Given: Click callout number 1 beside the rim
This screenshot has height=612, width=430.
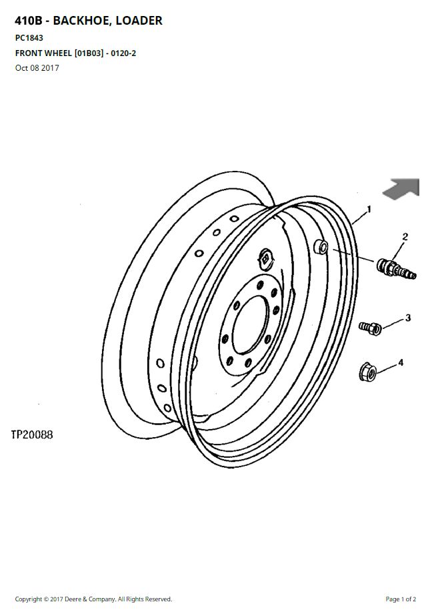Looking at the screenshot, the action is (x=369, y=209).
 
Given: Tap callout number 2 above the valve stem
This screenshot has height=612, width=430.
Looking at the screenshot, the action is (x=405, y=236).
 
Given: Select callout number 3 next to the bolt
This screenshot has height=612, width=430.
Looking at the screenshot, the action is (x=408, y=318).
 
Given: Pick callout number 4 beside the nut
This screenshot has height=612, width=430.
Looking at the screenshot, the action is (x=401, y=362).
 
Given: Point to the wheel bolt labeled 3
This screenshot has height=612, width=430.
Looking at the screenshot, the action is (x=370, y=328).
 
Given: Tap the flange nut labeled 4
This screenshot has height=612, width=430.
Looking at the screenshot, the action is (x=367, y=372).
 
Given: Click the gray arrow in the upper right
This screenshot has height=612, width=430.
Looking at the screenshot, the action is (x=401, y=188).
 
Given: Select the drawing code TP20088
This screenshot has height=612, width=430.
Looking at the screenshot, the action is (x=32, y=434).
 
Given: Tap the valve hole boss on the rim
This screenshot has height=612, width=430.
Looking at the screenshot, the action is (x=321, y=246).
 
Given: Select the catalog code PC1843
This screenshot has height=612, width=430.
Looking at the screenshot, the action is (x=29, y=38).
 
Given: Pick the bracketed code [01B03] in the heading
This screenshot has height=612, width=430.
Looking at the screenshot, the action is (x=89, y=53).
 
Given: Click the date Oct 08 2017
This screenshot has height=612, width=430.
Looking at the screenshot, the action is (x=37, y=68).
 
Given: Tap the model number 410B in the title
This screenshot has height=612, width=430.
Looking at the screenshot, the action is (x=29, y=21).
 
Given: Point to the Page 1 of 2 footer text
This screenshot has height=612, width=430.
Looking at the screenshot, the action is (x=401, y=599).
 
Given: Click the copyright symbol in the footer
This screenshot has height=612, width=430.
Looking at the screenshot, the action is (x=46, y=599).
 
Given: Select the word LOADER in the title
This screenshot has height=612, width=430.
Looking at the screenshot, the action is (x=139, y=21).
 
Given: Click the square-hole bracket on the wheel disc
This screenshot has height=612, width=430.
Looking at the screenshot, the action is (x=267, y=258).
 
